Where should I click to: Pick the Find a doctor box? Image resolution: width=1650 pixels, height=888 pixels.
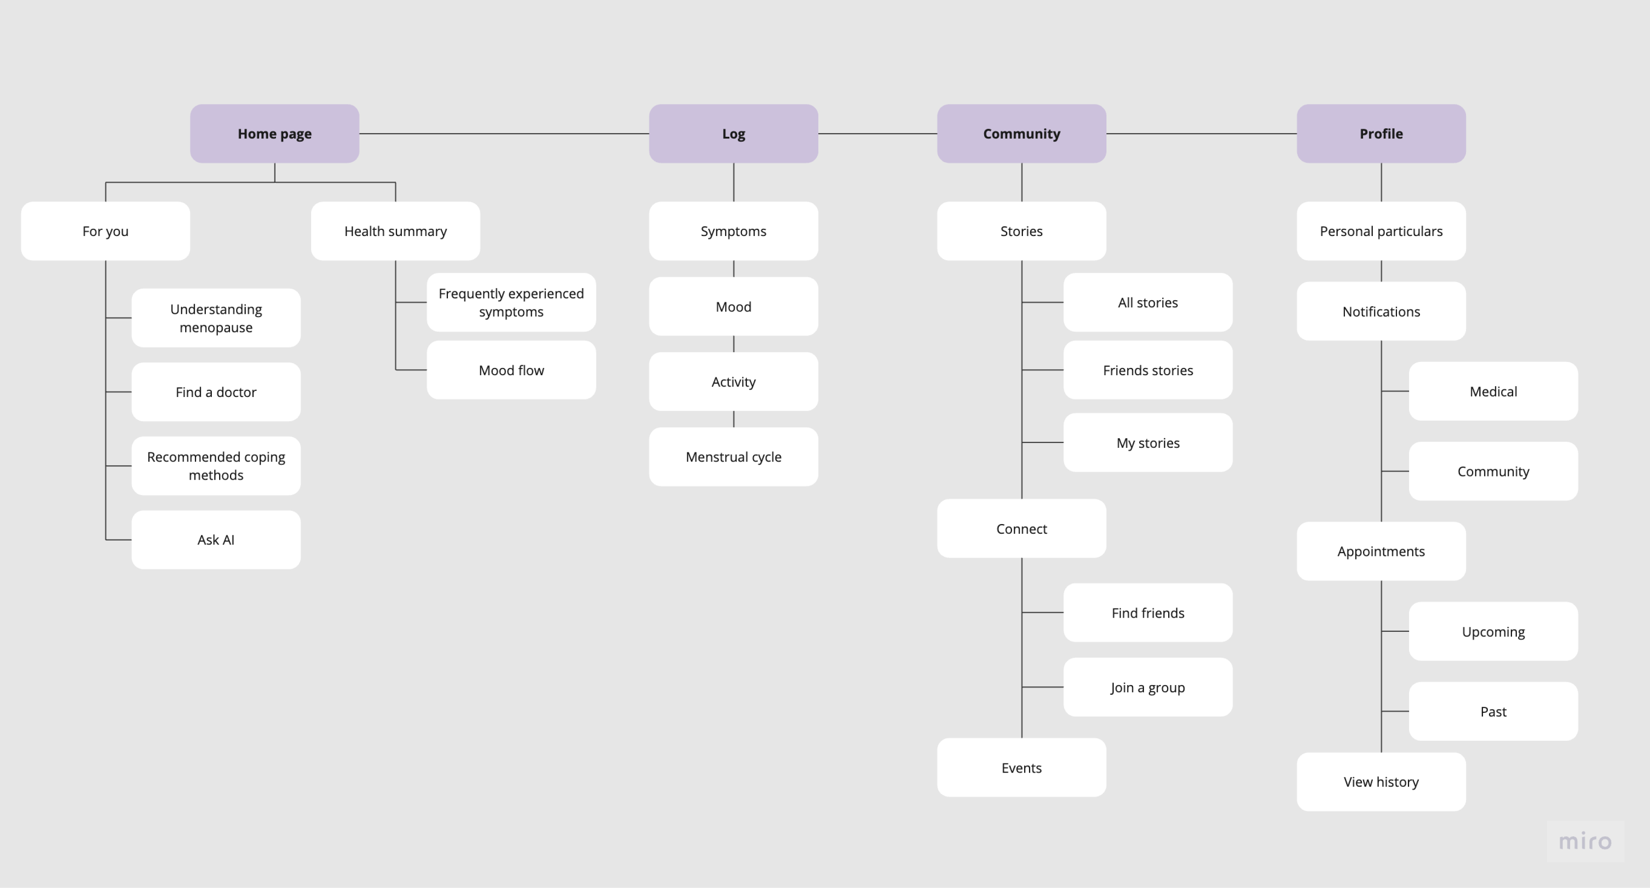click(x=216, y=392)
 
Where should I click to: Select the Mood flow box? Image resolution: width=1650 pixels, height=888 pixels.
click(x=511, y=370)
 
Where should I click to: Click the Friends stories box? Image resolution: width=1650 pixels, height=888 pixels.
click(x=1147, y=370)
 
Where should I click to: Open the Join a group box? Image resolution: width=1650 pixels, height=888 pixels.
click(x=1147, y=687)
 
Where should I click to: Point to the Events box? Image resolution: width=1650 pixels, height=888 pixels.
click(x=1021, y=768)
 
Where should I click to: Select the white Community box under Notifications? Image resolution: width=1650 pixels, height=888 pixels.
click(x=1493, y=471)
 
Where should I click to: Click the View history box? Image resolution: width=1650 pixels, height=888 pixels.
click(x=1380, y=782)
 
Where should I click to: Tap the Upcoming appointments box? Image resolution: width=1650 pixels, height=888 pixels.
click(x=1493, y=631)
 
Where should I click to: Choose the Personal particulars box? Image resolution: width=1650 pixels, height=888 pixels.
click(x=1380, y=231)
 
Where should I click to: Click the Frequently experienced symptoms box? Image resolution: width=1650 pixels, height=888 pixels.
click(x=511, y=302)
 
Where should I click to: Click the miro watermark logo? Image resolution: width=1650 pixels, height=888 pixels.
click(x=1585, y=841)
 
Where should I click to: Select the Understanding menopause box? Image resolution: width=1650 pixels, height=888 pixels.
click(x=216, y=318)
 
